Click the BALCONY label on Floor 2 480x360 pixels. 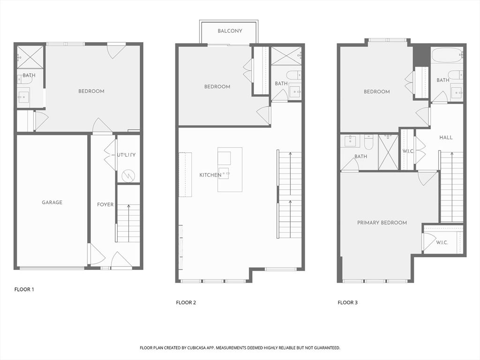click(230, 31)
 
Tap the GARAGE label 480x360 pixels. click(52, 202)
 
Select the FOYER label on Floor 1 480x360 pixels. click(105, 204)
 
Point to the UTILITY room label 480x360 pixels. click(126, 155)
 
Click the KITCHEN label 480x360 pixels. click(210, 175)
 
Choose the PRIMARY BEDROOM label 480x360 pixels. click(382, 223)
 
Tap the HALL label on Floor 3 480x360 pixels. click(446, 137)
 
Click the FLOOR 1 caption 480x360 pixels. click(24, 289)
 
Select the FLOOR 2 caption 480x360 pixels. click(186, 302)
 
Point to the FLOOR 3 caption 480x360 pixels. click(347, 302)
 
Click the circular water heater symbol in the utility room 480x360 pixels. click(128, 176)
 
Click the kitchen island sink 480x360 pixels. click(225, 174)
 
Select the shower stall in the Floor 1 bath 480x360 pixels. click(30, 57)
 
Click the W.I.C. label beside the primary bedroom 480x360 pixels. click(442, 242)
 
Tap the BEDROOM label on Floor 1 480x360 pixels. click(91, 91)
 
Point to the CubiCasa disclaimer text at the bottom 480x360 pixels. click(240, 348)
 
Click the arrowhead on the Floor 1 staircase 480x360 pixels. click(128, 206)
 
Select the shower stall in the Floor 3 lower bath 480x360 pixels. click(389, 152)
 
